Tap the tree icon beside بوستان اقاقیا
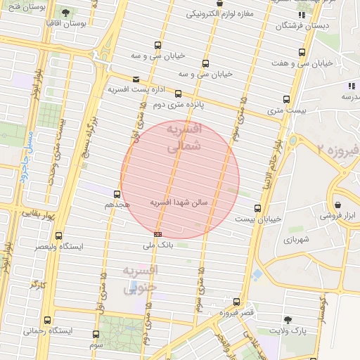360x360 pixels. (65, 12)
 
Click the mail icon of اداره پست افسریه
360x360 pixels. (136, 79)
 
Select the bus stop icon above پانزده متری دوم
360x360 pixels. (178, 94)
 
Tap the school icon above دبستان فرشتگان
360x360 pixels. (302, 14)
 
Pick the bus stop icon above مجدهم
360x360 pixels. (117, 194)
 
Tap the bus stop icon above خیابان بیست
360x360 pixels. (257, 208)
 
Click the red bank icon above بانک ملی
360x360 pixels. (157, 234)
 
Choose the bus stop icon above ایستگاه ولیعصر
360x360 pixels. (58, 236)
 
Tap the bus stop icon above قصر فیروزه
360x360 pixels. (236, 302)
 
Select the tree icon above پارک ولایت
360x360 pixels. (288, 319)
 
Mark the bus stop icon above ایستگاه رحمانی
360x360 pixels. (47, 320)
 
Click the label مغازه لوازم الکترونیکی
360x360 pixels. (230, 14)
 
